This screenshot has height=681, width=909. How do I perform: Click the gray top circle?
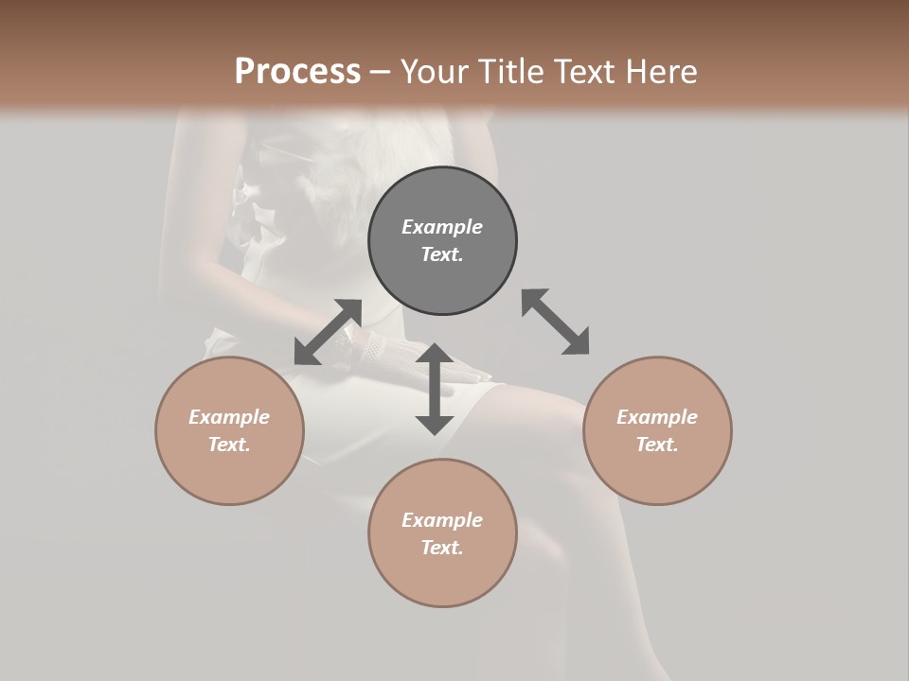point(442,240)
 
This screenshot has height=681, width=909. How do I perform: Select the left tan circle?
point(229,430)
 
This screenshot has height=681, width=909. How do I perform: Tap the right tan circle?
point(657,430)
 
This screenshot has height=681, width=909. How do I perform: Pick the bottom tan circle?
point(442,533)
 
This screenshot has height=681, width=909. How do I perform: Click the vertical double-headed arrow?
point(435,389)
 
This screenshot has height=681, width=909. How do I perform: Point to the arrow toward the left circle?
point(328,332)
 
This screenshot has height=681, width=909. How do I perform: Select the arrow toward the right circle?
point(556,322)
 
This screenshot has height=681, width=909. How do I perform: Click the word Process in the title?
point(297,71)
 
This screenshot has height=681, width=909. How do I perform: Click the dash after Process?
point(381,72)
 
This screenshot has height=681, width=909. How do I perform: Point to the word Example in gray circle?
point(442,227)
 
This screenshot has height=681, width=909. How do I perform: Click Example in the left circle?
point(229,417)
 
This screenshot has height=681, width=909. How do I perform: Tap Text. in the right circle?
point(657,445)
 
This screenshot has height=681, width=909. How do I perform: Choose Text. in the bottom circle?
point(442,548)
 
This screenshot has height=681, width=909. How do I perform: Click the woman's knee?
point(559,416)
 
